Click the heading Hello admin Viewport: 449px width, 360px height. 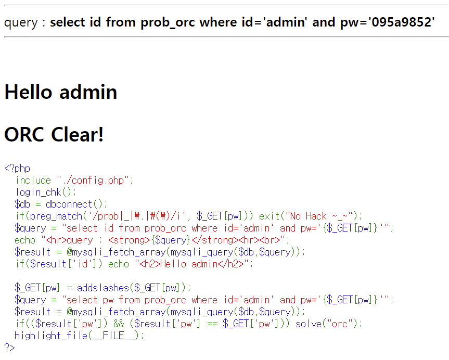tap(60, 92)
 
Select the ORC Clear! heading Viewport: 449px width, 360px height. tap(54, 135)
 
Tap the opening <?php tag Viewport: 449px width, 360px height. tap(17, 169)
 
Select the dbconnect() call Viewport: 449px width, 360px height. tap(76, 204)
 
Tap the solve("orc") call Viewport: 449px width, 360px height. tap(328, 324)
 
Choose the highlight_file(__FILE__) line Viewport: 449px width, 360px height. tap(79, 336)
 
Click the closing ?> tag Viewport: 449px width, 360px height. tap(9, 348)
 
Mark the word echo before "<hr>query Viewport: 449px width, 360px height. tap(25, 240)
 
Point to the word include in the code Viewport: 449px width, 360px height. tap(33, 181)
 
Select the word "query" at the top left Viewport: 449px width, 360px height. tap(21, 22)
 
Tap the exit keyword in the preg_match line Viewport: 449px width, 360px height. tap(270, 216)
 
